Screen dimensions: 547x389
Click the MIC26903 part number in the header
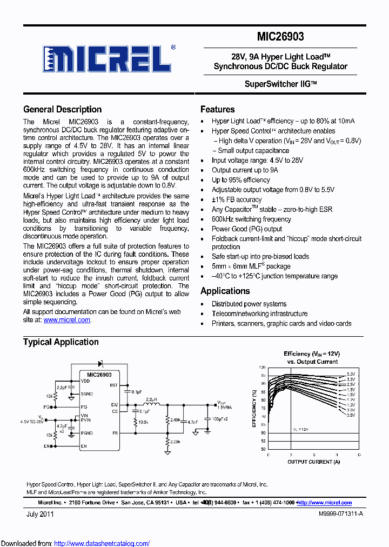tap(281, 37)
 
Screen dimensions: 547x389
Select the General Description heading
tap(63, 109)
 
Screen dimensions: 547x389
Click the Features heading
tap(218, 109)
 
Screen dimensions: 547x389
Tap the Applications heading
tap(225, 291)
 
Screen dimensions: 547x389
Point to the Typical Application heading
tap(61, 342)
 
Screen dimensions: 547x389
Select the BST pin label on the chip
tap(113, 385)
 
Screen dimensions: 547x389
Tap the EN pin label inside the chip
tap(84, 446)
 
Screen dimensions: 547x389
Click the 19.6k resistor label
tap(143, 422)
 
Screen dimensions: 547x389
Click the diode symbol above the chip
tap(100, 363)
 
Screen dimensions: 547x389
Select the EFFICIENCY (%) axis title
tap(254, 408)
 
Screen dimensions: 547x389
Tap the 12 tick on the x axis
tap(359, 455)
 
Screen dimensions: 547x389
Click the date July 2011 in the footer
tap(40, 514)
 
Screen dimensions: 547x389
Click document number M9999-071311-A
tap(341, 514)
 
